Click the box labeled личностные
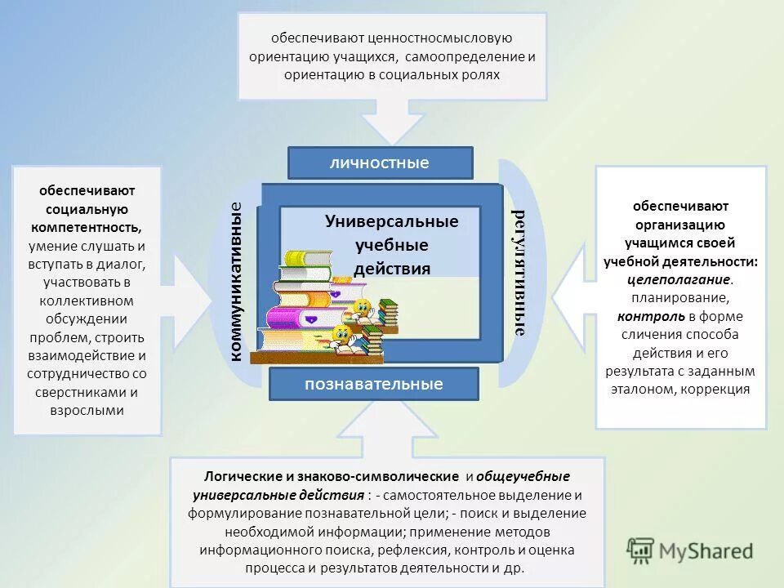point(380,163)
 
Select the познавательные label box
point(374,384)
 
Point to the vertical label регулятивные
point(518,273)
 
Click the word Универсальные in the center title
point(392,221)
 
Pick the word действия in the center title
point(392,269)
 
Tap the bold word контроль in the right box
point(644,316)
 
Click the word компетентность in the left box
point(87,227)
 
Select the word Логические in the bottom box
point(238,476)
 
